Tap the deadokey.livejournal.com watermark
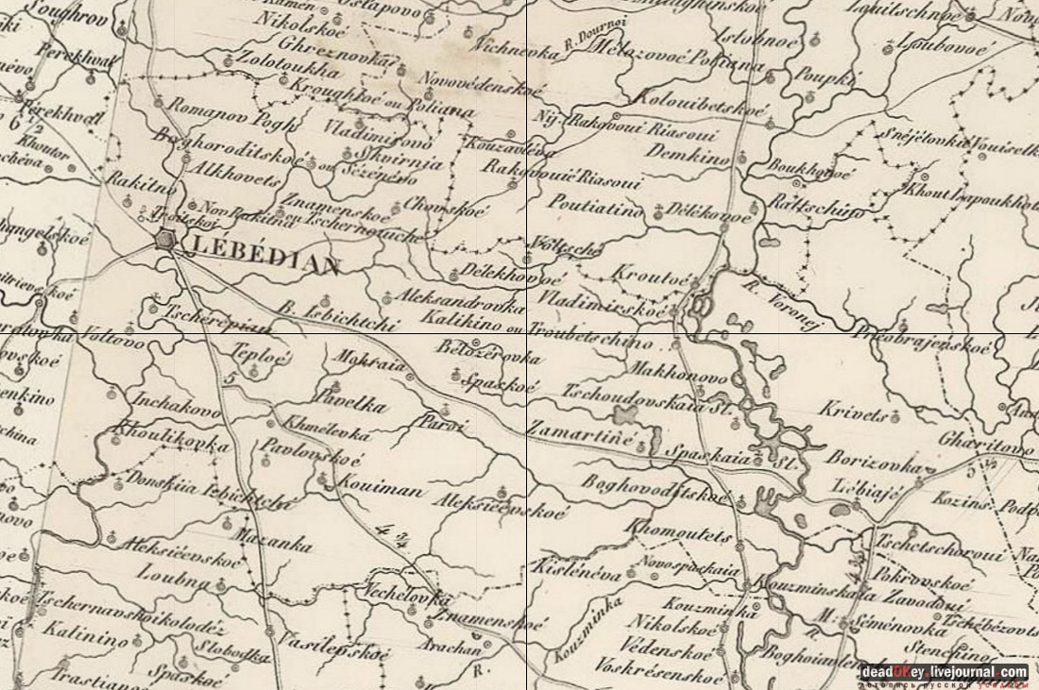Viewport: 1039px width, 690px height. coord(944,672)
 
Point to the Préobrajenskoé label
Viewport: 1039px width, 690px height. coord(923,342)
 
